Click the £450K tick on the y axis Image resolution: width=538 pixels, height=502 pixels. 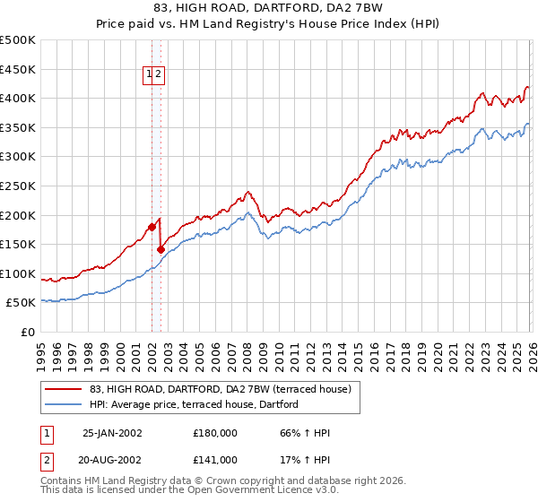(18, 69)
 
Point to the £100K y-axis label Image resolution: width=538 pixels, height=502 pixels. (18, 273)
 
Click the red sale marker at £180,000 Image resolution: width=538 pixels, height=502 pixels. (152, 227)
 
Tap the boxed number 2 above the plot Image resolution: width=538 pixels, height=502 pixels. (157, 75)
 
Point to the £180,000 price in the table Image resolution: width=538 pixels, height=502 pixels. (215, 433)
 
